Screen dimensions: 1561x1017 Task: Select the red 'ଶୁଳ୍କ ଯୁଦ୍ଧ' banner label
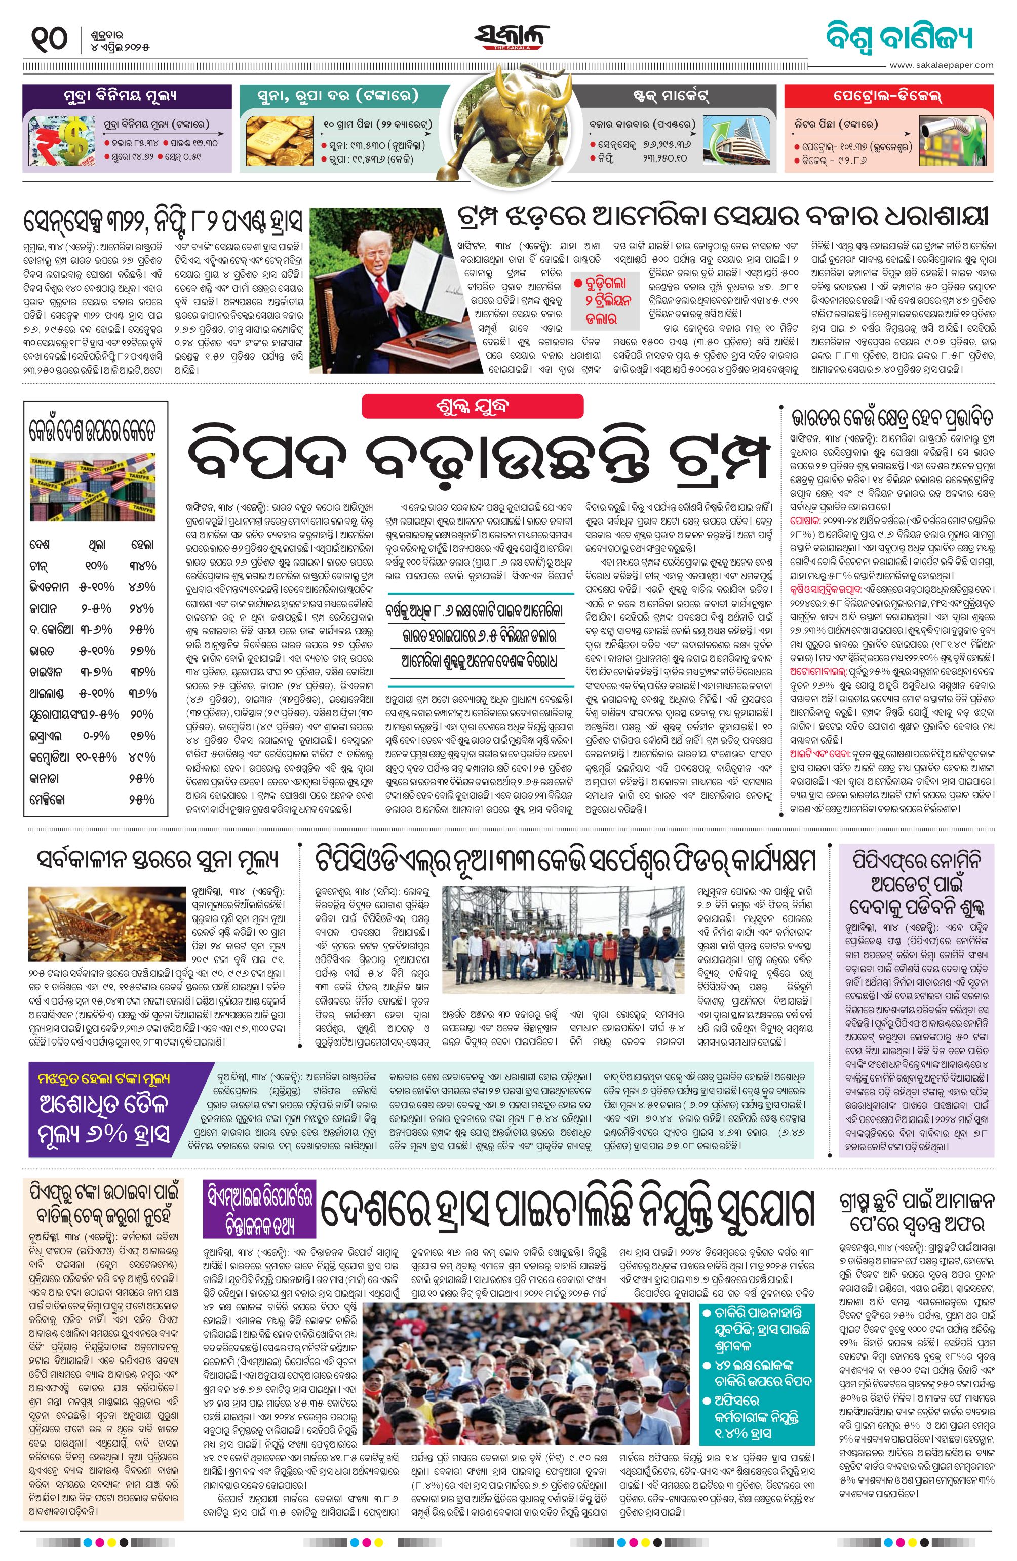coord(473,407)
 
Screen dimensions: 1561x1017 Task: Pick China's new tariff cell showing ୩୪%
coord(142,566)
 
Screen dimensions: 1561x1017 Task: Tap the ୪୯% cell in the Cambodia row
coord(142,757)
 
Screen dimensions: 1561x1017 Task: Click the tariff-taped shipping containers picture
coord(93,487)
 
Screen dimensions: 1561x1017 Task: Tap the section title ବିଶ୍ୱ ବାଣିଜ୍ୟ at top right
coord(899,38)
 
